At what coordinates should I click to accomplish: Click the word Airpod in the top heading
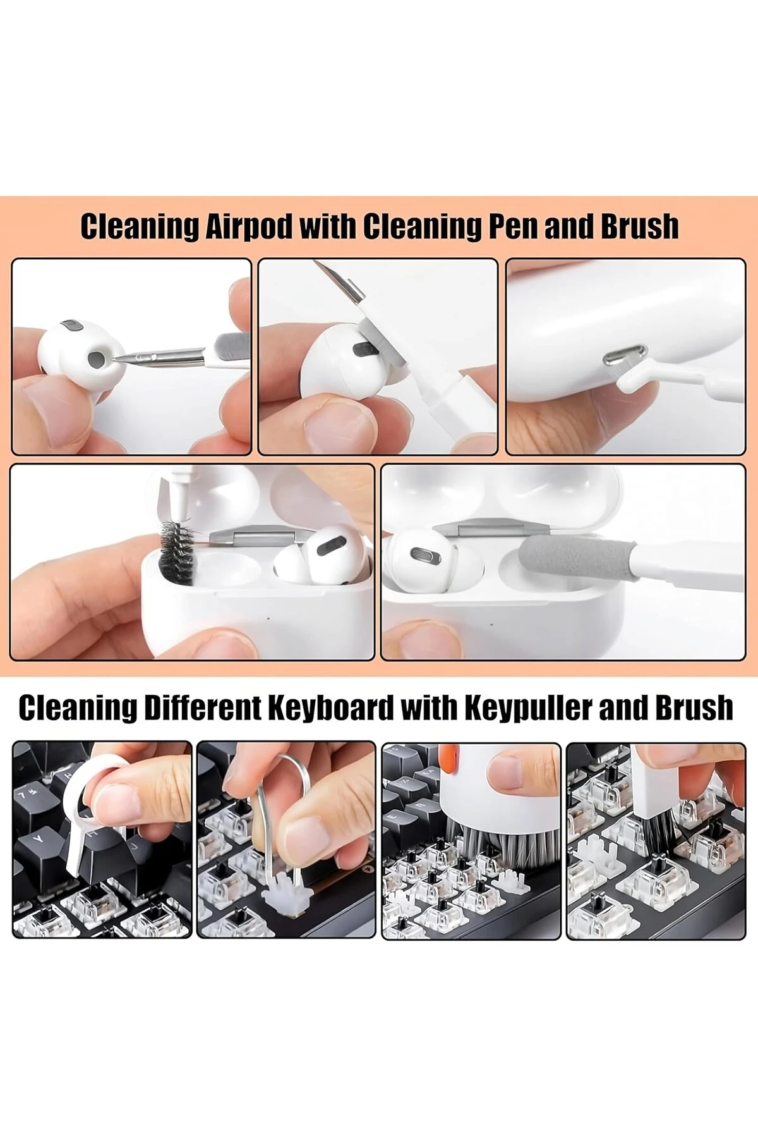[249, 227]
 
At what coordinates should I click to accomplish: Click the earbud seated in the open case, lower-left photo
[316, 556]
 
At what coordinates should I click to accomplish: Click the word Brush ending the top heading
[639, 227]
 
